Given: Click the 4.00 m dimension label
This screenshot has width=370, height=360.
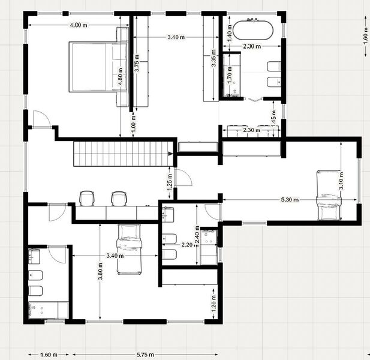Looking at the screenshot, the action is tap(79, 25).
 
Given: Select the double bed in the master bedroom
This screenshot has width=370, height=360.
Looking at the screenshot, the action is tap(98, 67).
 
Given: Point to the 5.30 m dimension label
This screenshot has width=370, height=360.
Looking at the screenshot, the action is tap(290, 200).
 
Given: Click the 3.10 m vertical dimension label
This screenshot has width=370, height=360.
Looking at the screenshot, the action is tap(341, 181).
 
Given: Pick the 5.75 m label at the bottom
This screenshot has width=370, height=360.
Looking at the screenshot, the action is tap(145, 355).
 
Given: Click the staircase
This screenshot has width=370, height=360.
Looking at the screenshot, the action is tap(123, 154).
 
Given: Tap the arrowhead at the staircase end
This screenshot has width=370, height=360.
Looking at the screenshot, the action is tap(170, 154).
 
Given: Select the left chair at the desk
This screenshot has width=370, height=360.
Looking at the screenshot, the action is tap(87, 198).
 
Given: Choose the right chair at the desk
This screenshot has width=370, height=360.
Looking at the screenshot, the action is tap(119, 199).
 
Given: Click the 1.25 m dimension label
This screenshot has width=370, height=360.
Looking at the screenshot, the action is tap(170, 182).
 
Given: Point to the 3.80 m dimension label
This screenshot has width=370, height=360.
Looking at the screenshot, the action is tap(100, 271).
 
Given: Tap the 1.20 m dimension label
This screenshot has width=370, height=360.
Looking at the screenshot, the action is tap(214, 303).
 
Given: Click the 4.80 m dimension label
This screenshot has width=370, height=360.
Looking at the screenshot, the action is tap(121, 77).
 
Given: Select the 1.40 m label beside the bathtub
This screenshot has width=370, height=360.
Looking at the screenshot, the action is tap(229, 33).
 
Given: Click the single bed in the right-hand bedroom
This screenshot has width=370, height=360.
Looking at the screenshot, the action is tap(329, 195).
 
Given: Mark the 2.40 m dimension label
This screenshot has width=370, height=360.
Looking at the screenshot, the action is tap(197, 235).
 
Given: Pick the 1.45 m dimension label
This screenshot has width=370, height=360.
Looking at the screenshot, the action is tap(273, 119).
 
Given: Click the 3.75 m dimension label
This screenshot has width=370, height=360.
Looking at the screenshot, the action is tap(137, 63).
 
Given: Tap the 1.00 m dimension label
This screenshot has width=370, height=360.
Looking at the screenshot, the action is tap(133, 124).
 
